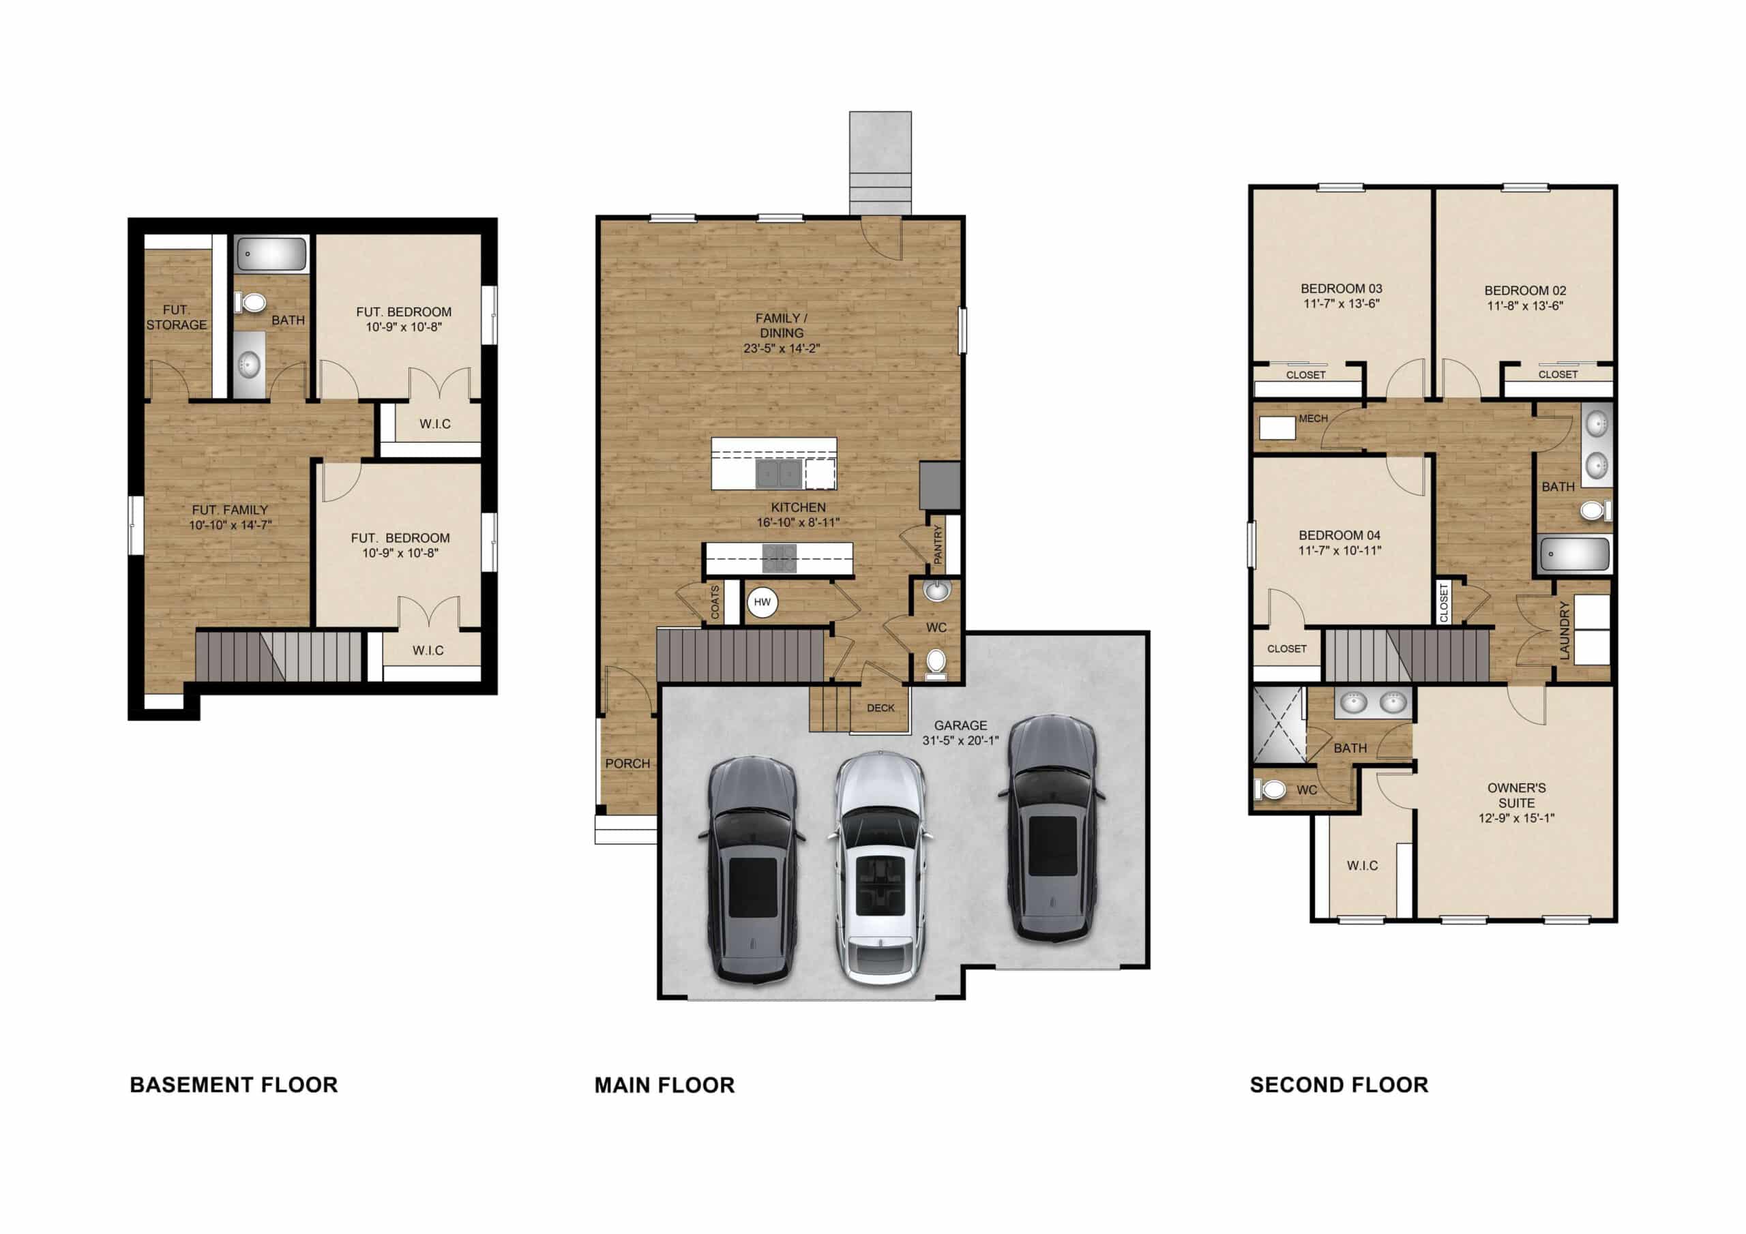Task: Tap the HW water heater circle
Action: click(762, 602)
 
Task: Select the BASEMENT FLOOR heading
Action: click(233, 1085)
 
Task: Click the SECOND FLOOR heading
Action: click(1338, 1085)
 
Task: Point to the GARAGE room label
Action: click(960, 725)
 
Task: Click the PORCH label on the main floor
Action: click(627, 764)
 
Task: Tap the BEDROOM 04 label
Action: click(1339, 535)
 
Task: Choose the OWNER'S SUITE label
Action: click(1515, 796)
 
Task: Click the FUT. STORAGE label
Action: click(177, 317)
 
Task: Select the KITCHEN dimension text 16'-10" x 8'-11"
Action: click(798, 522)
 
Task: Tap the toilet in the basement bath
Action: click(251, 303)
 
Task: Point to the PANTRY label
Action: click(938, 544)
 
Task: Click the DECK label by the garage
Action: click(881, 708)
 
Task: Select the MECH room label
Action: click(1314, 418)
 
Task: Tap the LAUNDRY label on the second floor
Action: click(1565, 631)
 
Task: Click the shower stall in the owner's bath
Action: click(1279, 725)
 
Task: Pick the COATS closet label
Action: click(715, 601)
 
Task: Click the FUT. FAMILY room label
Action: click(230, 510)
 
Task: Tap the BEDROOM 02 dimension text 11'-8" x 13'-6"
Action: click(1525, 305)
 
